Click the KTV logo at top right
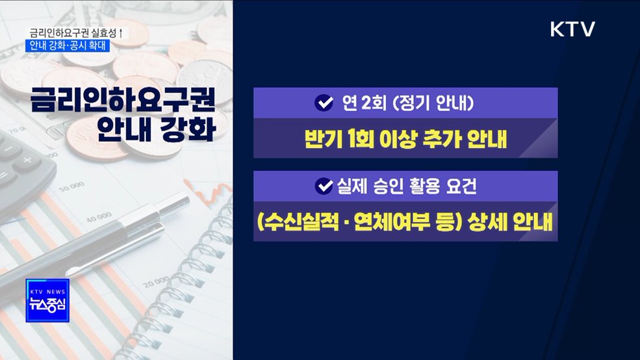[x=572, y=29]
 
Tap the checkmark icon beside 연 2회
[x=322, y=103]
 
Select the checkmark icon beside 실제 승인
[x=323, y=186]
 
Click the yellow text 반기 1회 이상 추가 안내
[x=405, y=139]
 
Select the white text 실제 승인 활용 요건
[x=406, y=186]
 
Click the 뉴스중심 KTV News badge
[x=46, y=301]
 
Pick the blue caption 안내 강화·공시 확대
[x=70, y=45]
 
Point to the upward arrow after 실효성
[x=122, y=32]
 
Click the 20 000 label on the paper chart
[x=155, y=285]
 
